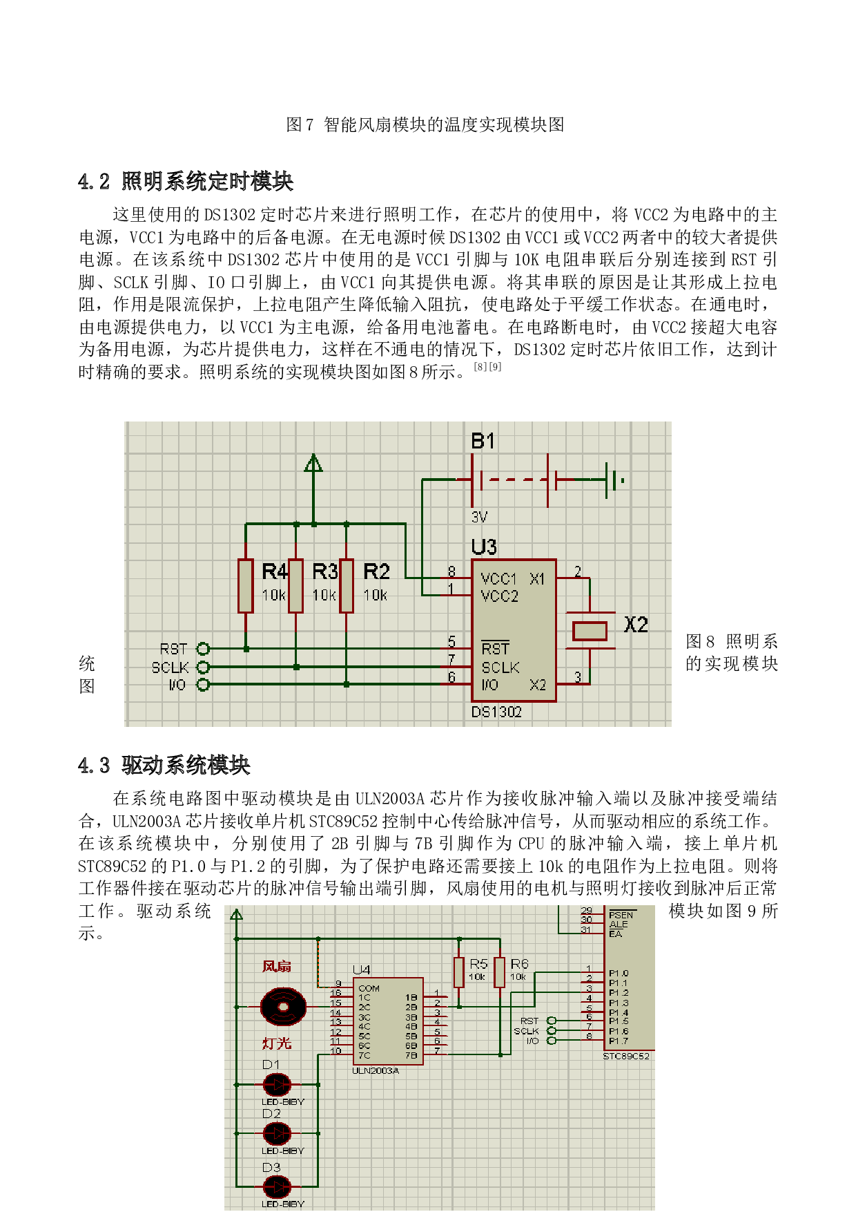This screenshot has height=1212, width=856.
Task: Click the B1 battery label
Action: (x=483, y=441)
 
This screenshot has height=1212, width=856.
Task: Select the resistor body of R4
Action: (x=246, y=586)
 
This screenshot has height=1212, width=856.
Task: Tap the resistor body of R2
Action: (x=347, y=586)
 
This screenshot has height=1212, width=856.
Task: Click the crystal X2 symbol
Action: (x=590, y=631)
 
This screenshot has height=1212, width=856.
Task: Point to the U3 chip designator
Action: (x=483, y=547)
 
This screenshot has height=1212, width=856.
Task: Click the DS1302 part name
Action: (x=496, y=712)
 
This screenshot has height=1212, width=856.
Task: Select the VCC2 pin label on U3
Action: (x=499, y=596)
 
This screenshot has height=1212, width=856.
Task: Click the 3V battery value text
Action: (x=479, y=517)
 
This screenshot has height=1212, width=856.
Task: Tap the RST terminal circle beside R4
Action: (x=203, y=649)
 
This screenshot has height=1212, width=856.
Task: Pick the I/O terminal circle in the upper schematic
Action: (x=203, y=685)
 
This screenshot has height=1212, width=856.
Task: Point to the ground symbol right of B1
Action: (x=613, y=480)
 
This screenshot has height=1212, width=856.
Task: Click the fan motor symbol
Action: (x=283, y=1006)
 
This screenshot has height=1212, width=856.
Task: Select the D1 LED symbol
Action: (x=277, y=1084)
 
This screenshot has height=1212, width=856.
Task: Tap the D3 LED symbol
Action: (x=277, y=1186)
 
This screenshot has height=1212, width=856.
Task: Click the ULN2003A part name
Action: (x=376, y=1070)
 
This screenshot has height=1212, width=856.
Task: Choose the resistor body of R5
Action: (x=459, y=972)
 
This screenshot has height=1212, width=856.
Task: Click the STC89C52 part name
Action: (x=626, y=1056)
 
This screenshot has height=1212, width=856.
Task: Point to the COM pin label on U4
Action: (x=369, y=988)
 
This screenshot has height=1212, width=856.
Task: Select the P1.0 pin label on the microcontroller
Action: (x=619, y=973)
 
